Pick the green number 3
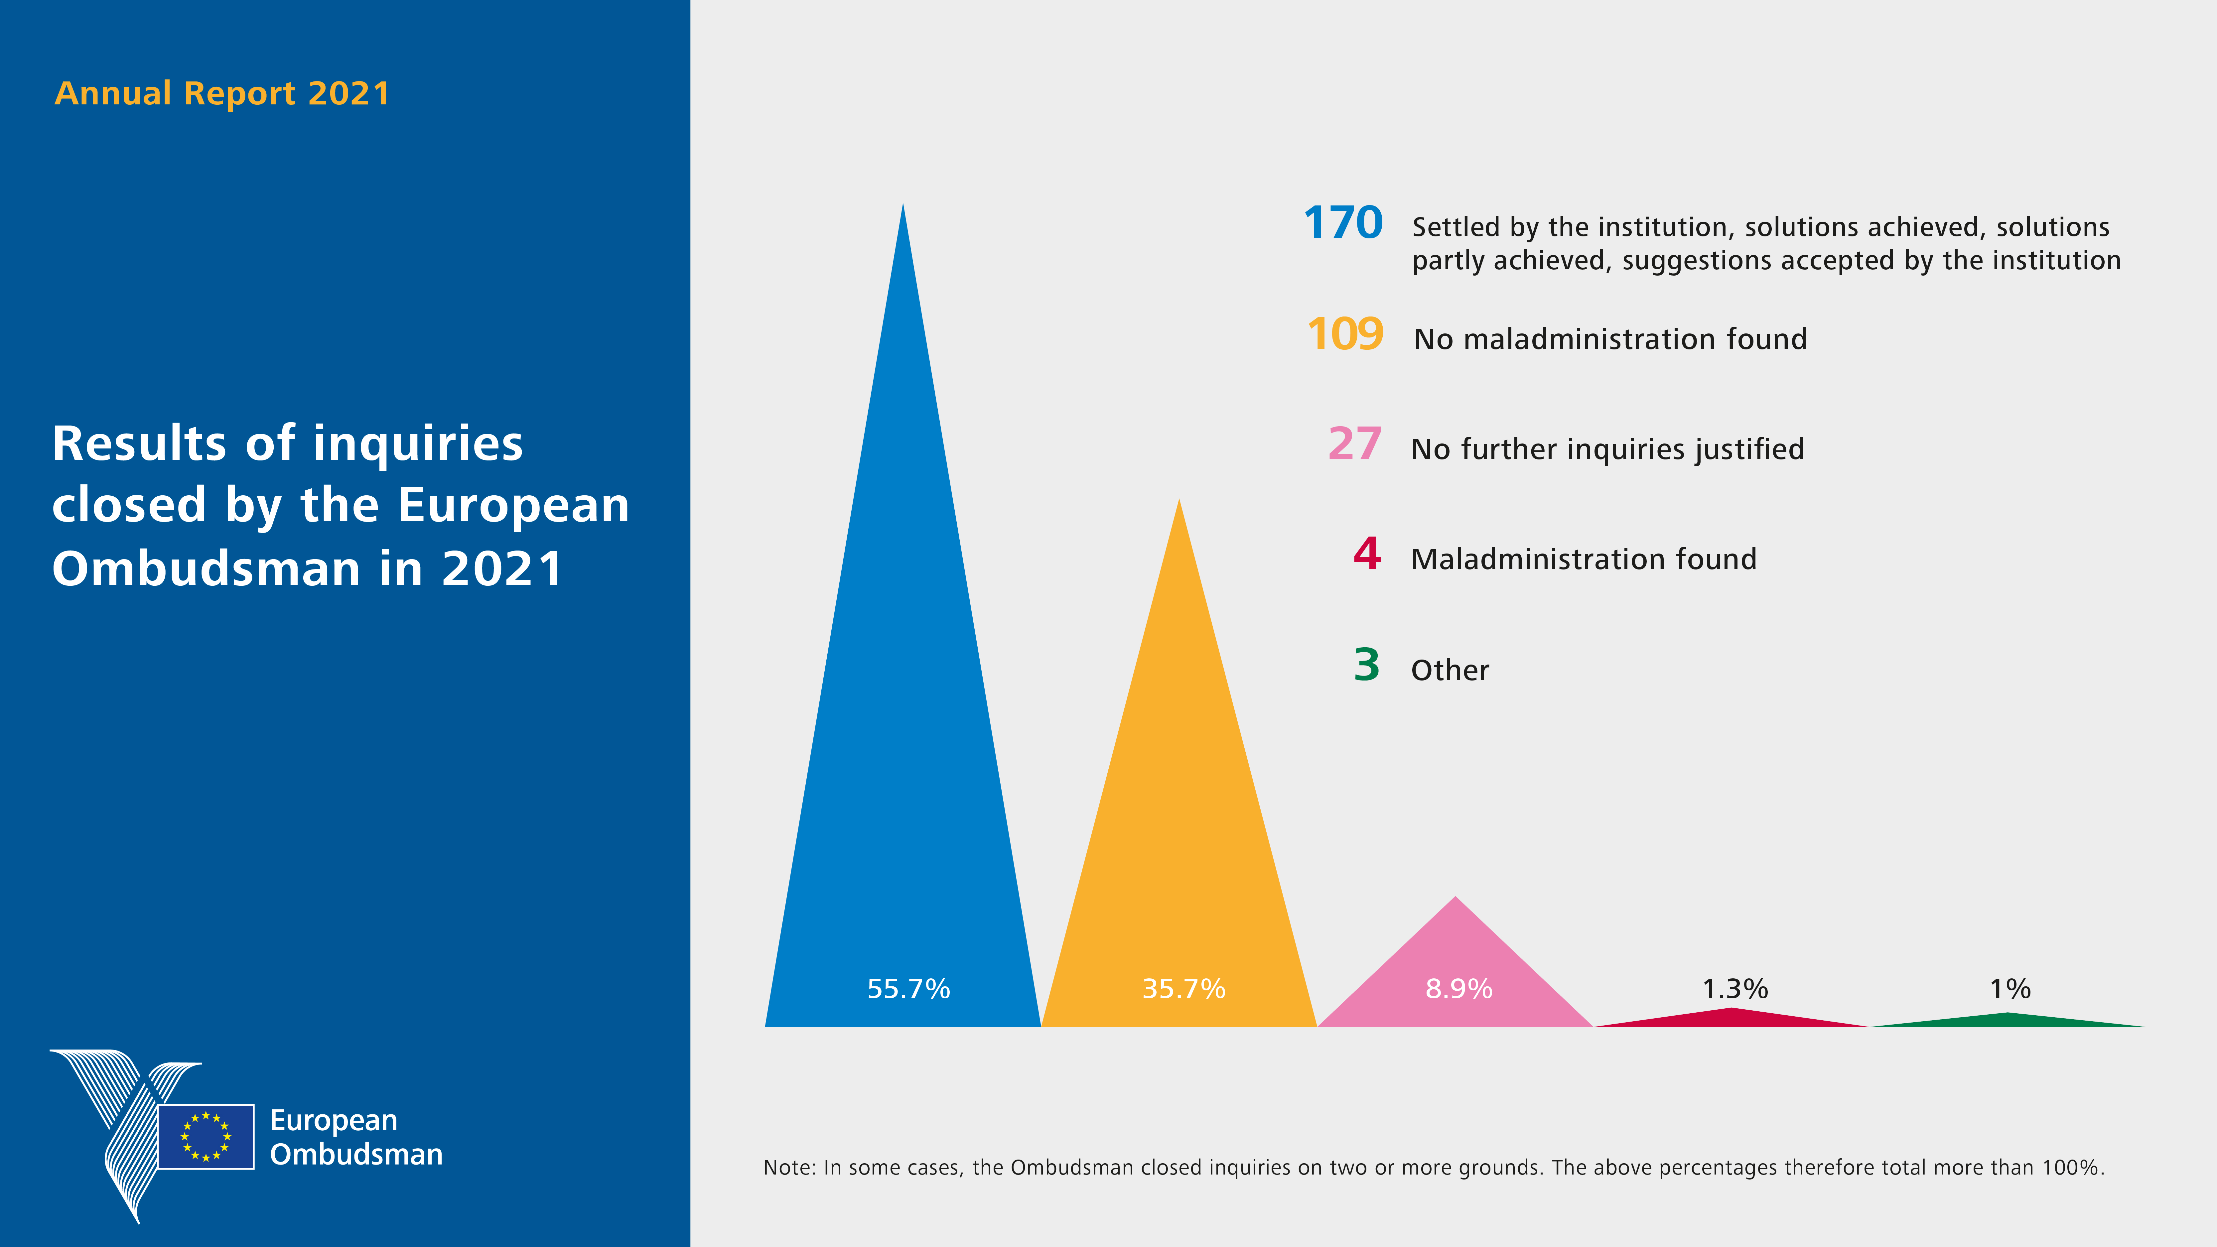tap(1367, 665)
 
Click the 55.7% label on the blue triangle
tap(908, 989)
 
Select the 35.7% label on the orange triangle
tap(1183, 989)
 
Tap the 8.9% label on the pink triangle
tap(1459, 989)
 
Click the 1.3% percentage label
tap(1735, 989)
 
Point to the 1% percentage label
tap(2010, 989)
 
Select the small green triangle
tap(2008, 1021)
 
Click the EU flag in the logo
tap(206, 1136)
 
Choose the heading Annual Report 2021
tap(222, 93)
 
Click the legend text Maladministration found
tap(1584, 560)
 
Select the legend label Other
tap(1450, 671)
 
